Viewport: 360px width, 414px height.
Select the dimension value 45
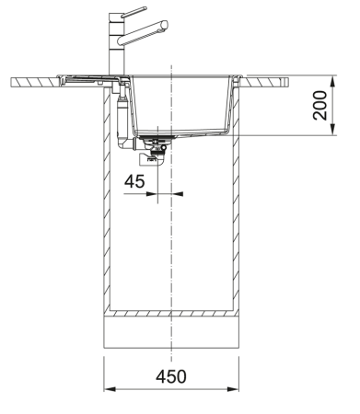(135, 182)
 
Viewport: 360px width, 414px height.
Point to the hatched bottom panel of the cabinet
(172, 311)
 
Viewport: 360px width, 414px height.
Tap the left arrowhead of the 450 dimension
(107, 386)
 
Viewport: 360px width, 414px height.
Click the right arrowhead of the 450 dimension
(238, 386)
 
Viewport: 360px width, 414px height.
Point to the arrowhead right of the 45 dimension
(178, 194)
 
